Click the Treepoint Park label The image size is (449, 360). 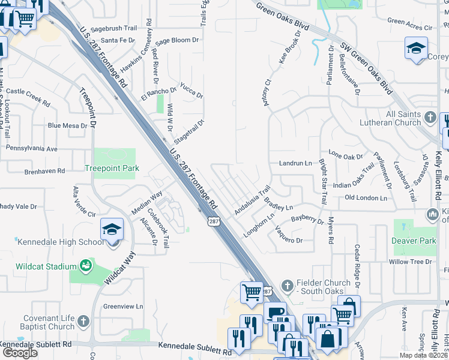(112, 169)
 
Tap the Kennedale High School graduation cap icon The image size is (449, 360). (112, 229)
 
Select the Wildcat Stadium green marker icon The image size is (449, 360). (86, 265)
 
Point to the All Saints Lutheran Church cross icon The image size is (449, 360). (430, 115)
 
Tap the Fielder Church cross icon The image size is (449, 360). (288, 284)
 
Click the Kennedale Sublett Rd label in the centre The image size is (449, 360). (195, 346)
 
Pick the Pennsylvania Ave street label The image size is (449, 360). (31, 148)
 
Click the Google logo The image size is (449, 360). (20, 352)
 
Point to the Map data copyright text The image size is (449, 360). (423, 355)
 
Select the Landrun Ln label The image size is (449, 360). (295, 163)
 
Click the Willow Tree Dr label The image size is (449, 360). (411, 262)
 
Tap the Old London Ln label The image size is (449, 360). (367, 197)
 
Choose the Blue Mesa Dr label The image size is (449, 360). (68, 125)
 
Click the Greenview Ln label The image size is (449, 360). (123, 306)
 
